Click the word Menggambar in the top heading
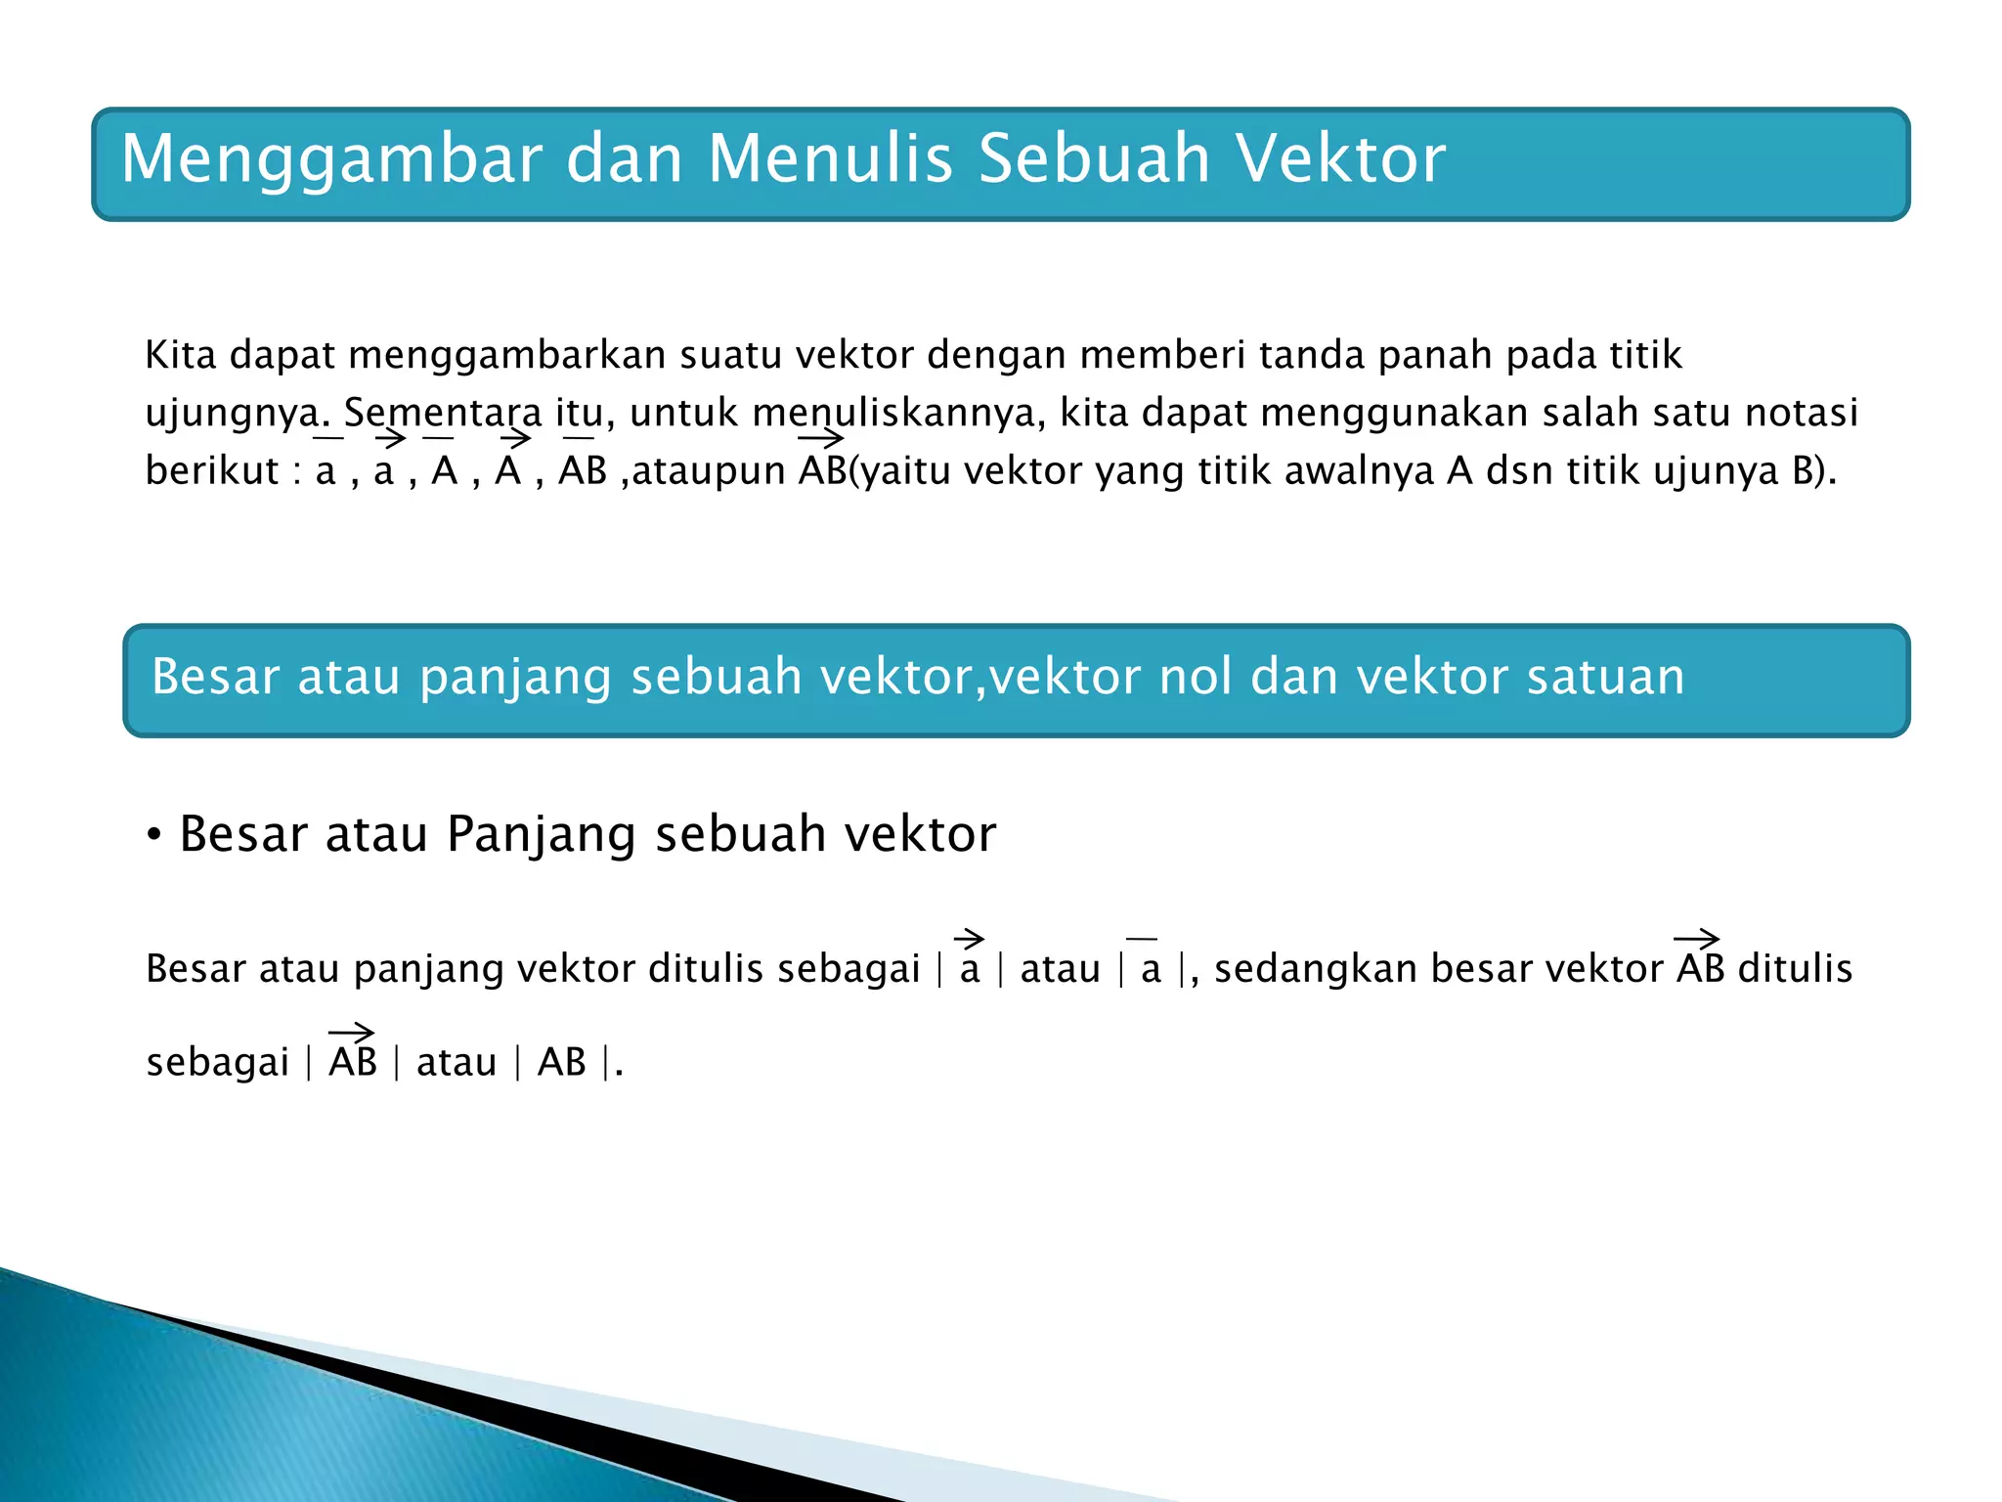click(331, 159)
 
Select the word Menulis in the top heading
click(830, 159)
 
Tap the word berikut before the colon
click(212, 471)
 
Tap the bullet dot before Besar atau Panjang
click(153, 837)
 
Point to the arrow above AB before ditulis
click(1697, 940)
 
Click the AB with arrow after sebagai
click(353, 1061)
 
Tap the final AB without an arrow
click(562, 1063)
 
